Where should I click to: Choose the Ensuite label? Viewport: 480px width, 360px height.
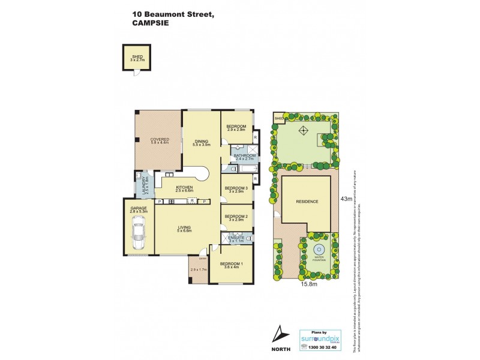click(235, 239)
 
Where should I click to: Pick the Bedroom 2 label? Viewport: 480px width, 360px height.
click(236, 217)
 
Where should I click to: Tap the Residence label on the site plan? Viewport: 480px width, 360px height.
click(306, 202)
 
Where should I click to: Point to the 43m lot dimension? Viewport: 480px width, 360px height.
click(345, 199)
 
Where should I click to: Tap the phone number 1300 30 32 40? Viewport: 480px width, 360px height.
click(323, 347)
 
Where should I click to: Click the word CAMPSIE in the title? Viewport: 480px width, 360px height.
click(151, 23)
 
